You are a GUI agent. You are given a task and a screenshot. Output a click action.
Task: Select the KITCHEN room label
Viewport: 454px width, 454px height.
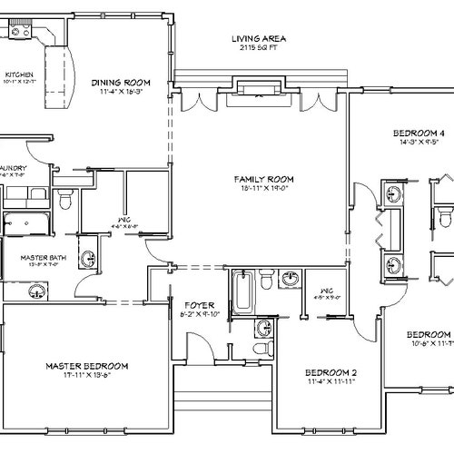[x=20, y=74]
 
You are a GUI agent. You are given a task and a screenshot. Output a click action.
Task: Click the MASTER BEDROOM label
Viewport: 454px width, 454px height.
[x=86, y=365]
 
